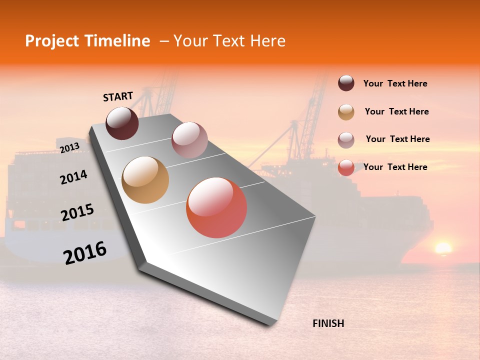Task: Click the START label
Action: point(118,96)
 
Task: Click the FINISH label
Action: point(328,323)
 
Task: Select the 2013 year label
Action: point(69,148)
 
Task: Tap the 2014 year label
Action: point(73,177)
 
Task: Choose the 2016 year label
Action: point(85,252)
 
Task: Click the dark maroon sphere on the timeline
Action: point(122,123)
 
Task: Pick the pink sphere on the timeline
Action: point(189,140)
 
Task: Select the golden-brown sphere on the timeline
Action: point(145,180)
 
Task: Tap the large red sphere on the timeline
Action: point(216,207)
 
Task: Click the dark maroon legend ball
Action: point(346,83)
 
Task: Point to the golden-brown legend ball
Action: point(346,112)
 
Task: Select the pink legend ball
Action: point(346,140)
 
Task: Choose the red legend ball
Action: point(346,167)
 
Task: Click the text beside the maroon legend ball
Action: point(395,83)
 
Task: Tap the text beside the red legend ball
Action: point(395,167)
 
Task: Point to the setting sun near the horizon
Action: point(443,248)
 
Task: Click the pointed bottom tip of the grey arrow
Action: point(272,324)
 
